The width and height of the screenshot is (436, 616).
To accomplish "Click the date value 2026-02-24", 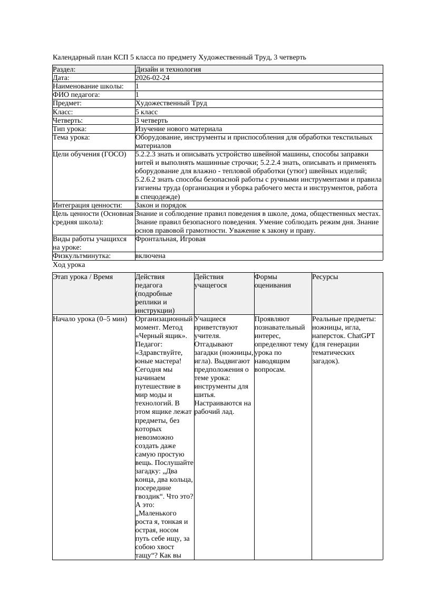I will [152, 78].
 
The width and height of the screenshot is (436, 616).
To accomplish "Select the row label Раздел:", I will [64, 69].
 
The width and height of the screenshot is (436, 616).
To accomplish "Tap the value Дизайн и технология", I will [168, 69].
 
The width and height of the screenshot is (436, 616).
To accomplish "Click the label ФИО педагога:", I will [76, 95].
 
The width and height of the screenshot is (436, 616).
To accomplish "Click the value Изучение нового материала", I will [179, 129].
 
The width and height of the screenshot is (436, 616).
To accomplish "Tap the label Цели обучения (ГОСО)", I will [90, 154].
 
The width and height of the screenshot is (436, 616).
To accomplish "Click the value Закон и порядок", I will [161, 205].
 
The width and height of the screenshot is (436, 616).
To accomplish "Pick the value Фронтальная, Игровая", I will [170, 239].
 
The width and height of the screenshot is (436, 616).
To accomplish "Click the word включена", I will [150, 256].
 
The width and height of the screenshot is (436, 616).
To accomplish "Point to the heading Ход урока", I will [69, 265].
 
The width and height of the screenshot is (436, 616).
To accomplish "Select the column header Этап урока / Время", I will [83, 277].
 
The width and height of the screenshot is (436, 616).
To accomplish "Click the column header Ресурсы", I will [325, 277].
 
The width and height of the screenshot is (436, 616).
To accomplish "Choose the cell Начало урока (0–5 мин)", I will [90, 319].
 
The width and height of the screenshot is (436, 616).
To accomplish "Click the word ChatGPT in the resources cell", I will [361, 336].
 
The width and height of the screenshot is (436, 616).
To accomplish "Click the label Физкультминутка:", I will [81, 256].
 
